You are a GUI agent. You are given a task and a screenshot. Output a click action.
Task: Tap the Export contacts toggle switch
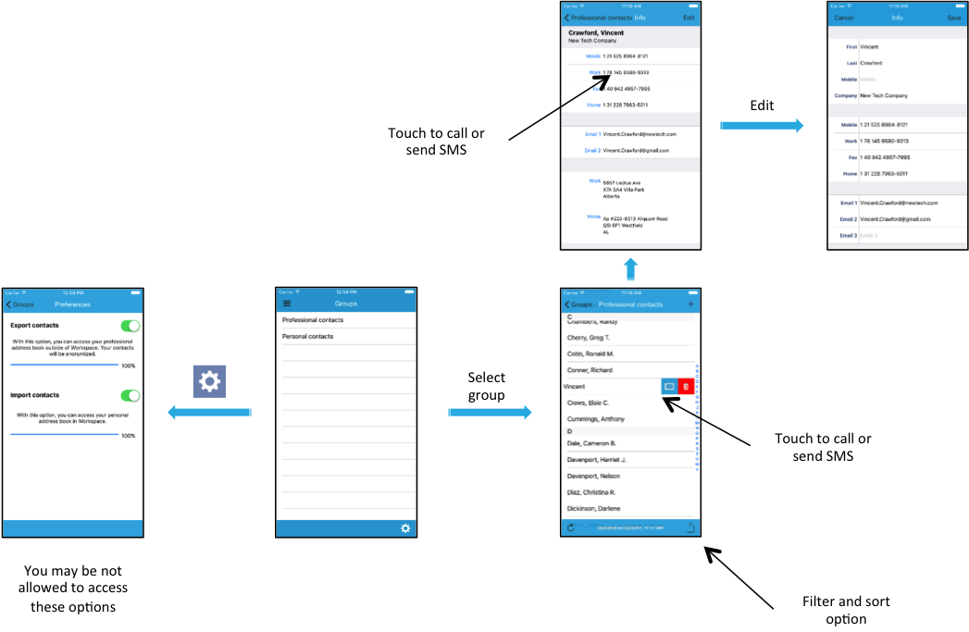130,326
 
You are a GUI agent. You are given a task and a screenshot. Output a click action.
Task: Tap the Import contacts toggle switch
130,395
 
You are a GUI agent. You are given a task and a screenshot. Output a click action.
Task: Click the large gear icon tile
209,381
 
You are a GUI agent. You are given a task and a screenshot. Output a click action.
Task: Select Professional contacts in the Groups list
313,320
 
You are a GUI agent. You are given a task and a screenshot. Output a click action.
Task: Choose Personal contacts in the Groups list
308,337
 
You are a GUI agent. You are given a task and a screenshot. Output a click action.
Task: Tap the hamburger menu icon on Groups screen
287,304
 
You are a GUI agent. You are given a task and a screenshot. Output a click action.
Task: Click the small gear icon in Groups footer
405,528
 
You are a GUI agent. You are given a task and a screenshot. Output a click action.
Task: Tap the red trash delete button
686,386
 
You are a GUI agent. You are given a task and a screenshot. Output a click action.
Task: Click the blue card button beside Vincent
669,386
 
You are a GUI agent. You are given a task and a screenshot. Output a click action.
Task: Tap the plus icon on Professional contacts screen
690,304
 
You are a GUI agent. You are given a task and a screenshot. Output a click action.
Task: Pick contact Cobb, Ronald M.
590,353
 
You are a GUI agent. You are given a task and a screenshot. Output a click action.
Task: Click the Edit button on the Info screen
689,18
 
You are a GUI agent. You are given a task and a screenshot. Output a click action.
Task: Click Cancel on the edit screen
844,18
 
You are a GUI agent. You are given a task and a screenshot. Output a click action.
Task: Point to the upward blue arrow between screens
630,269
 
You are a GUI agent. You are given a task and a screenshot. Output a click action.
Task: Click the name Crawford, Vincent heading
596,32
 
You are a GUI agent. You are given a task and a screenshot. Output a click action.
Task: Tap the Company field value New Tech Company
884,95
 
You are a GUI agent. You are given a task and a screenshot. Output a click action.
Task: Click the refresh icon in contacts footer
571,527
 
